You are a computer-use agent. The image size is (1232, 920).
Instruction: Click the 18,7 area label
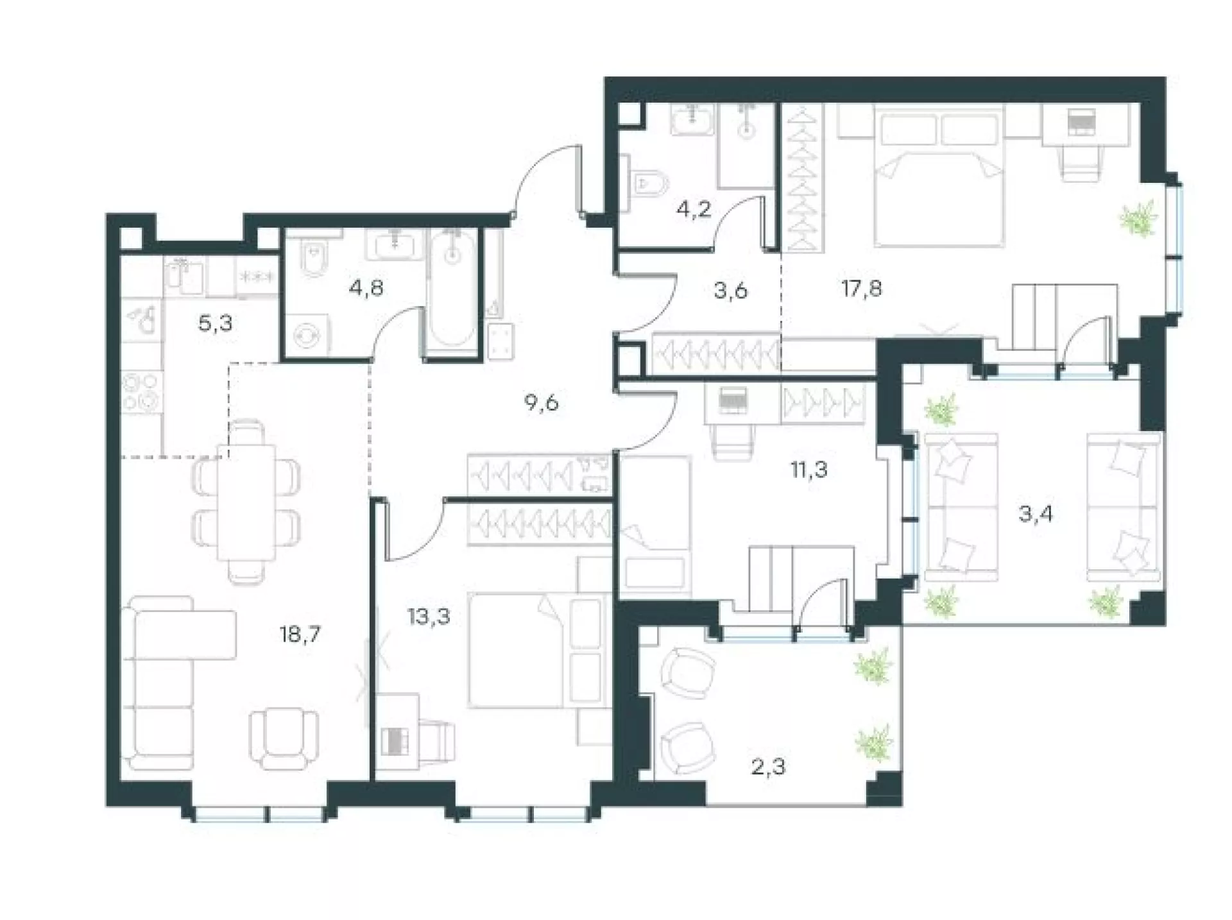pos(300,635)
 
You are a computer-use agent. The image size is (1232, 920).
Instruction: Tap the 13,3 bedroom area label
pos(429,617)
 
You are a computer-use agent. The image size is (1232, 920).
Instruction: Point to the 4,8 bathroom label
pos(366,288)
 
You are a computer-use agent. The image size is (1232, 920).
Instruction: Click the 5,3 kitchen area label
pos(215,324)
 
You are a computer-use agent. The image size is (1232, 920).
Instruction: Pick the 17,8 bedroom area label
pos(862,289)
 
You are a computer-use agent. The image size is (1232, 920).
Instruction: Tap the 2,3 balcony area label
pos(768,766)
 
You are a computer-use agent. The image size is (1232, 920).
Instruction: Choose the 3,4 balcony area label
pos(1036,514)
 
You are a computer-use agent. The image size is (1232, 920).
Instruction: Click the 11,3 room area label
pos(809,470)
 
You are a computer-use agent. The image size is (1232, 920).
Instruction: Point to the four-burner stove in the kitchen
pos(142,392)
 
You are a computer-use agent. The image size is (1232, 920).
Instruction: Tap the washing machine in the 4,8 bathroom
pos(307,334)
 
